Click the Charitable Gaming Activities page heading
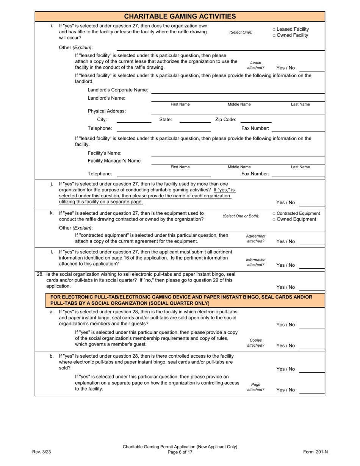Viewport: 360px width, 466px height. pyautogui.click(x=180, y=16)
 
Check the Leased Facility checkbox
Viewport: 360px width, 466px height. pyautogui.click(x=274, y=30)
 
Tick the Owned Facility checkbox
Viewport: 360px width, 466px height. pyautogui.click(x=274, y=36)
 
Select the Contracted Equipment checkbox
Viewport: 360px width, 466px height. pyautogui.click(x=274, y=213)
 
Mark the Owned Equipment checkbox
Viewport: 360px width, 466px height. pyautogui.click(x=274, y=219)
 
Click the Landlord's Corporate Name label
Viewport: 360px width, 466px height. pyautogui.click(x=118, y=90)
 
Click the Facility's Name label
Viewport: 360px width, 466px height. pyautogui.click(x=105, y=153)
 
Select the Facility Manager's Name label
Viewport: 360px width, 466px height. pyautogui.click(x=115, y=161)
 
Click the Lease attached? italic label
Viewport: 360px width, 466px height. pyautogui.click(x=256, y=65)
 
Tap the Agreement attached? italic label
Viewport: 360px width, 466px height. pyautogui.click(x=256, y=239)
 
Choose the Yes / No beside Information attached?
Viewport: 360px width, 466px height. pyautogui.click(x=285, y=265)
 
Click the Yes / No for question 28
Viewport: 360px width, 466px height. pyautogui.click(x=285, y=287)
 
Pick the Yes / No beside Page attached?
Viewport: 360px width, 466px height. pyautogui.click(x=285, y=390)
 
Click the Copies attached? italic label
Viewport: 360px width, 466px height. pyautogui.click(x=256, y=343)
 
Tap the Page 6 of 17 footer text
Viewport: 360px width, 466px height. pyautogui.click(x=180, y=452)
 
